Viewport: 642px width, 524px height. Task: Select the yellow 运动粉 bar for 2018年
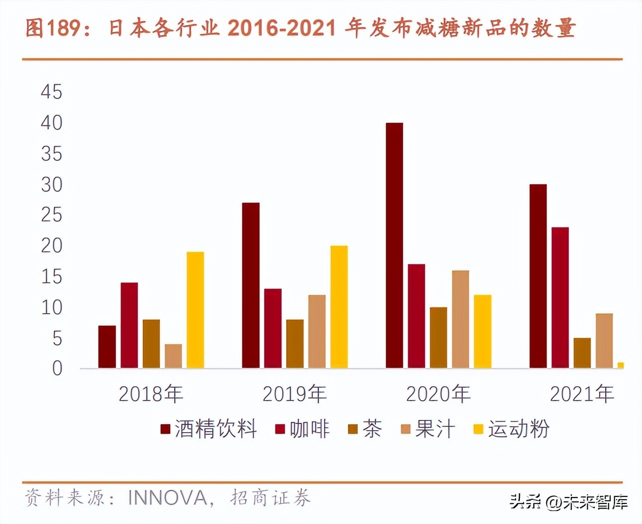195,310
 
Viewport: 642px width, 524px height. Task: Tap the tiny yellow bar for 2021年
621,365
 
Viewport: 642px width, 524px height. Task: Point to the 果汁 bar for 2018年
173,356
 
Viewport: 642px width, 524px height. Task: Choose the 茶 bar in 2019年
295,344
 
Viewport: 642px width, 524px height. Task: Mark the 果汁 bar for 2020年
461,319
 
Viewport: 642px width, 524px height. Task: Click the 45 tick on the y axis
52,92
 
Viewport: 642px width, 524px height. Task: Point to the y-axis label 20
52,246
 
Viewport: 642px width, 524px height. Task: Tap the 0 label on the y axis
57,369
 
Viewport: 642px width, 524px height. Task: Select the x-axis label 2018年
151,394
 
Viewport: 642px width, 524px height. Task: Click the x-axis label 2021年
582,394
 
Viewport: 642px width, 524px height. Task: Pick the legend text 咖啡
310,429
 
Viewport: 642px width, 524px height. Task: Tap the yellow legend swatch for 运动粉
479,429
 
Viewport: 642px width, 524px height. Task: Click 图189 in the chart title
53,28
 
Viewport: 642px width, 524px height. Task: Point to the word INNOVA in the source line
167,498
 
